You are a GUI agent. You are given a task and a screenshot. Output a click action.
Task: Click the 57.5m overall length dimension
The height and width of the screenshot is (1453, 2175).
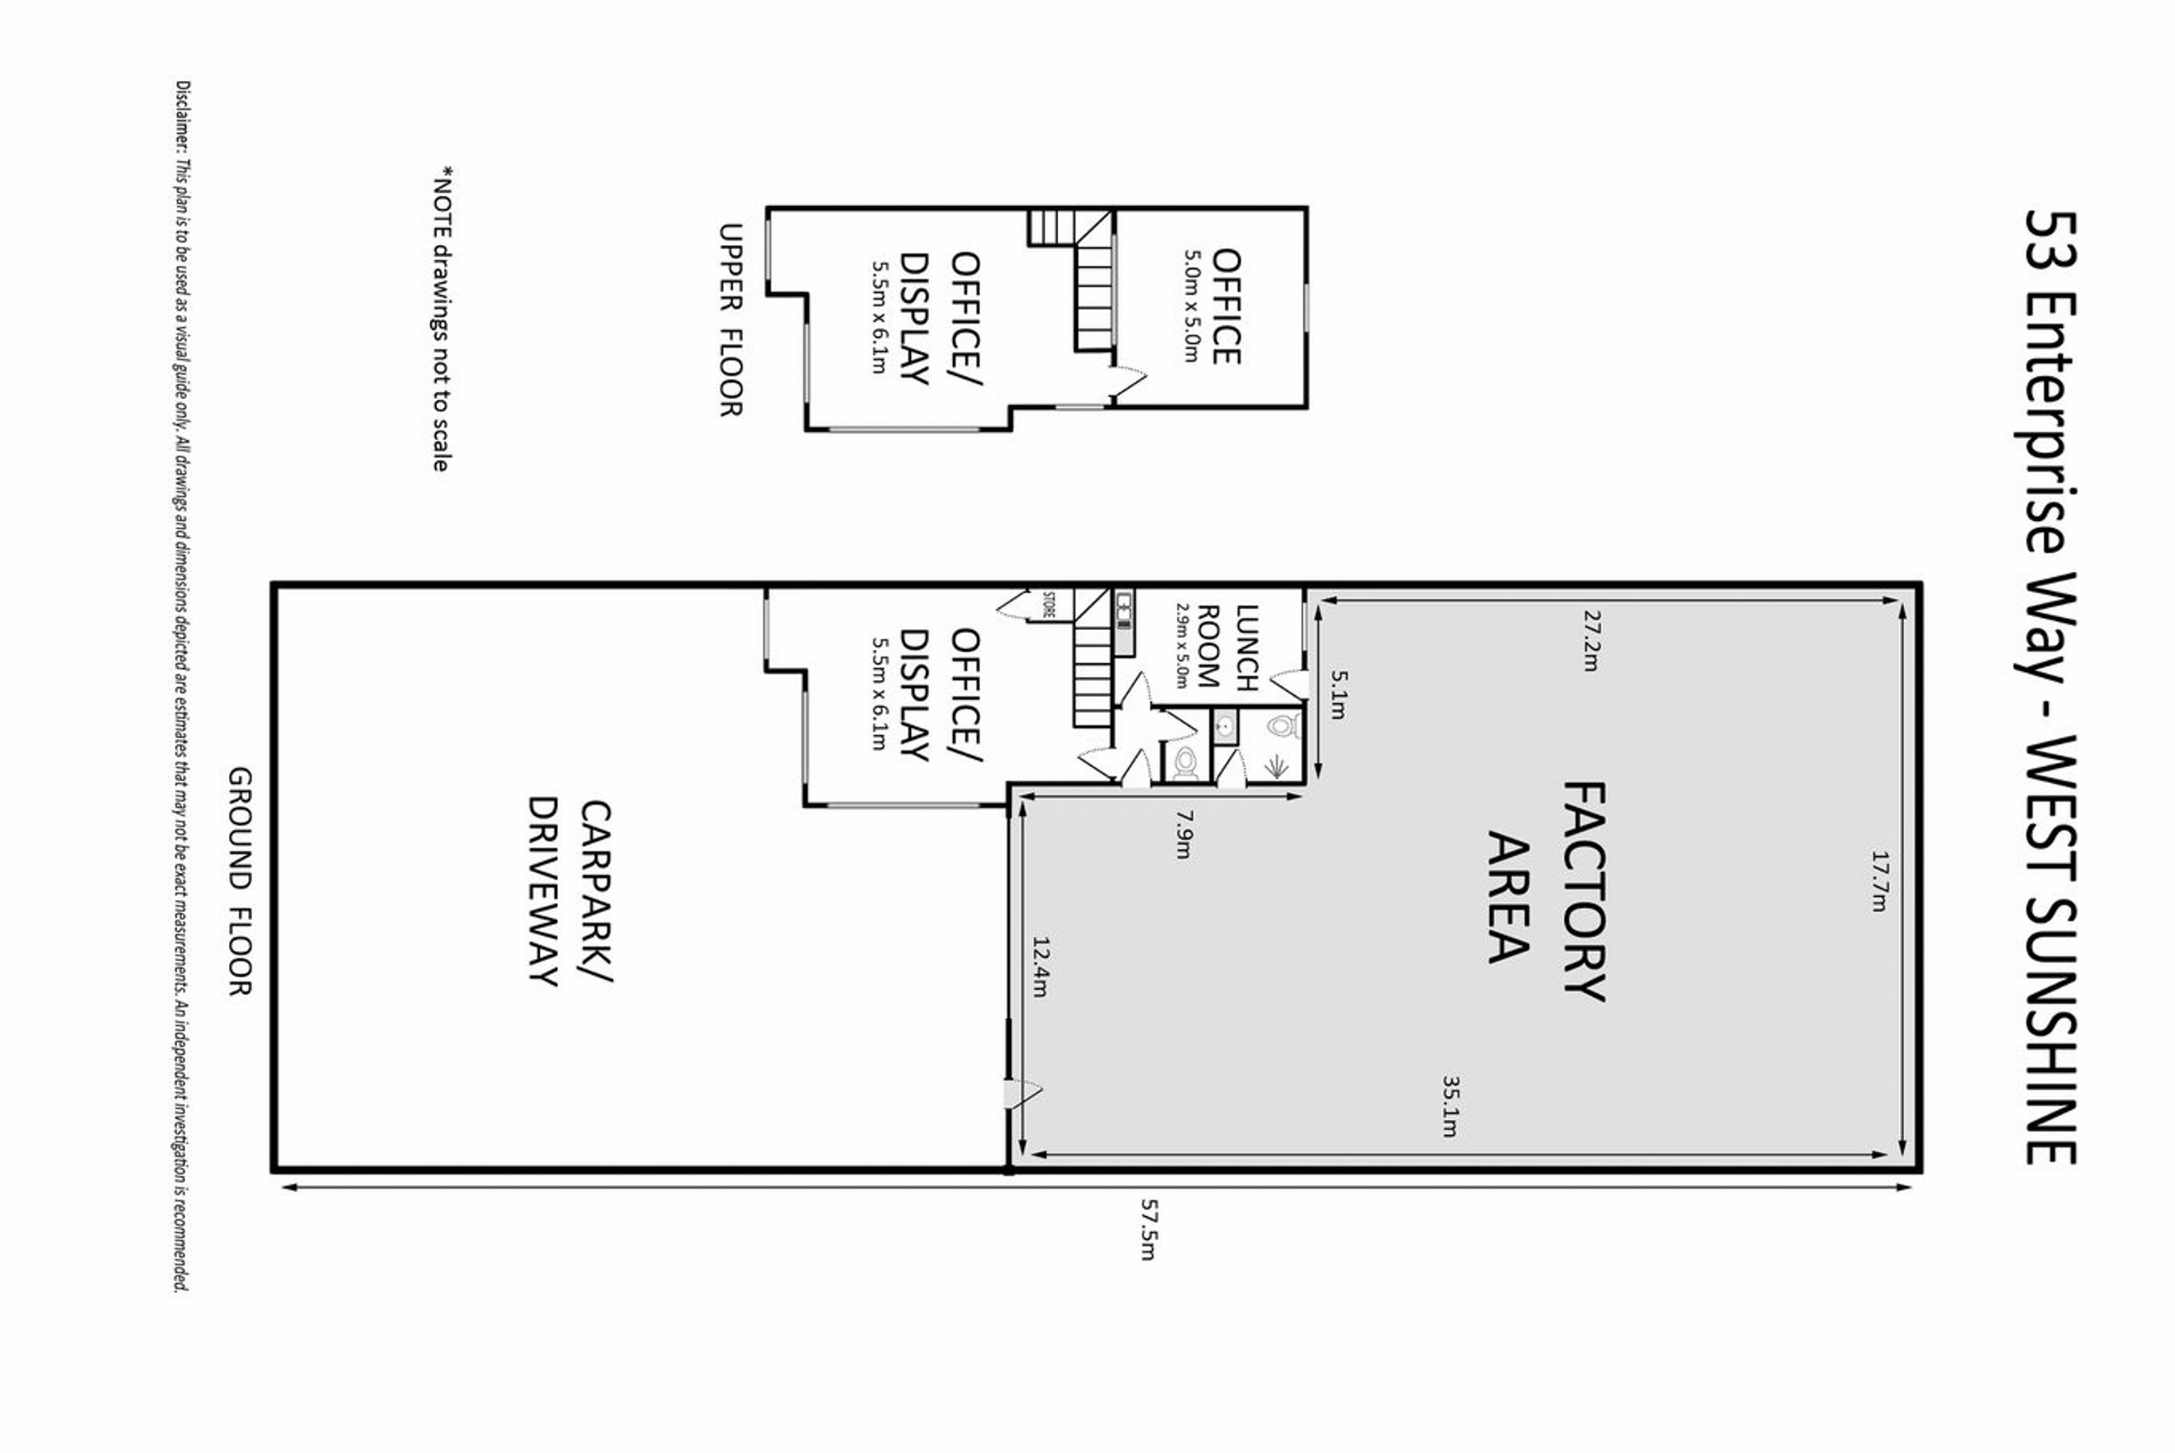click(1148, 1230)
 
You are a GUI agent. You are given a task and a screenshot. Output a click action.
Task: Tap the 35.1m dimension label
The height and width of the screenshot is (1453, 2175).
click(1450, 1105)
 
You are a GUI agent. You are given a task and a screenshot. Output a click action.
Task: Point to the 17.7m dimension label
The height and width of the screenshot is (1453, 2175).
click(1878, 881)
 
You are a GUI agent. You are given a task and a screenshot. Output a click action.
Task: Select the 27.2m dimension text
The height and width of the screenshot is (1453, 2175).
click(1592, 639)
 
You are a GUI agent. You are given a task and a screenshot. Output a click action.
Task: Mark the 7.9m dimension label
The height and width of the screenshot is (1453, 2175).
click(1183, 834)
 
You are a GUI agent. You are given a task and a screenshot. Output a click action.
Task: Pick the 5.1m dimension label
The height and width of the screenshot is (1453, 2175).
click(1339, 695)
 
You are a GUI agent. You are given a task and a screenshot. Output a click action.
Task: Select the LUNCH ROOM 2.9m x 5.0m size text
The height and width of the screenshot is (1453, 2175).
click(1181, 645)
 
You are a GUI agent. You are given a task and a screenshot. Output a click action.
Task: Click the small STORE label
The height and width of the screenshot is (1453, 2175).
click(1049, 604)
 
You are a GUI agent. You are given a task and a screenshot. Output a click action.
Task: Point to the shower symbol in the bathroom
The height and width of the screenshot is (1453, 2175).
click(1277, 765)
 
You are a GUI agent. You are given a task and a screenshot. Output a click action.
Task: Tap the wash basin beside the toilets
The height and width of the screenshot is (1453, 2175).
click(1224, 728)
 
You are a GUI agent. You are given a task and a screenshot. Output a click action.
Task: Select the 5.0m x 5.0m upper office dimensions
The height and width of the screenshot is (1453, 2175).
click(1192, 306)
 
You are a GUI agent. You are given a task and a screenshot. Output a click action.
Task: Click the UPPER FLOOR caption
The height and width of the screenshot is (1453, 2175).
click(731, 320)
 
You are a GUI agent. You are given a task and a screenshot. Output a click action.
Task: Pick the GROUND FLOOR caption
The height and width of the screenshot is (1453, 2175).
click(240, 881)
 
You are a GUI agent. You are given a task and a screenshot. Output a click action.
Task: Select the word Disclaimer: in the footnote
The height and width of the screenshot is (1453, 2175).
click(183, 119)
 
